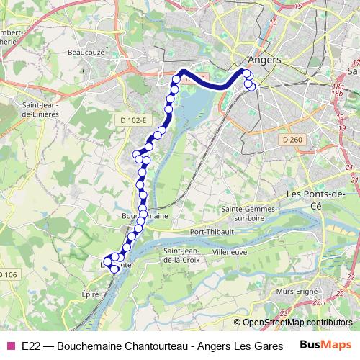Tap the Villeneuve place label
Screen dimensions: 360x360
tap(230, 253)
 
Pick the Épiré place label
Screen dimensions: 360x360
tap(90, 294)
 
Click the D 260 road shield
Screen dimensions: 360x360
tap(292, 139)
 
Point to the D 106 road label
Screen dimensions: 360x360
tap(8, 274)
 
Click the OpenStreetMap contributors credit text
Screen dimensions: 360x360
tap(297, 323)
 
